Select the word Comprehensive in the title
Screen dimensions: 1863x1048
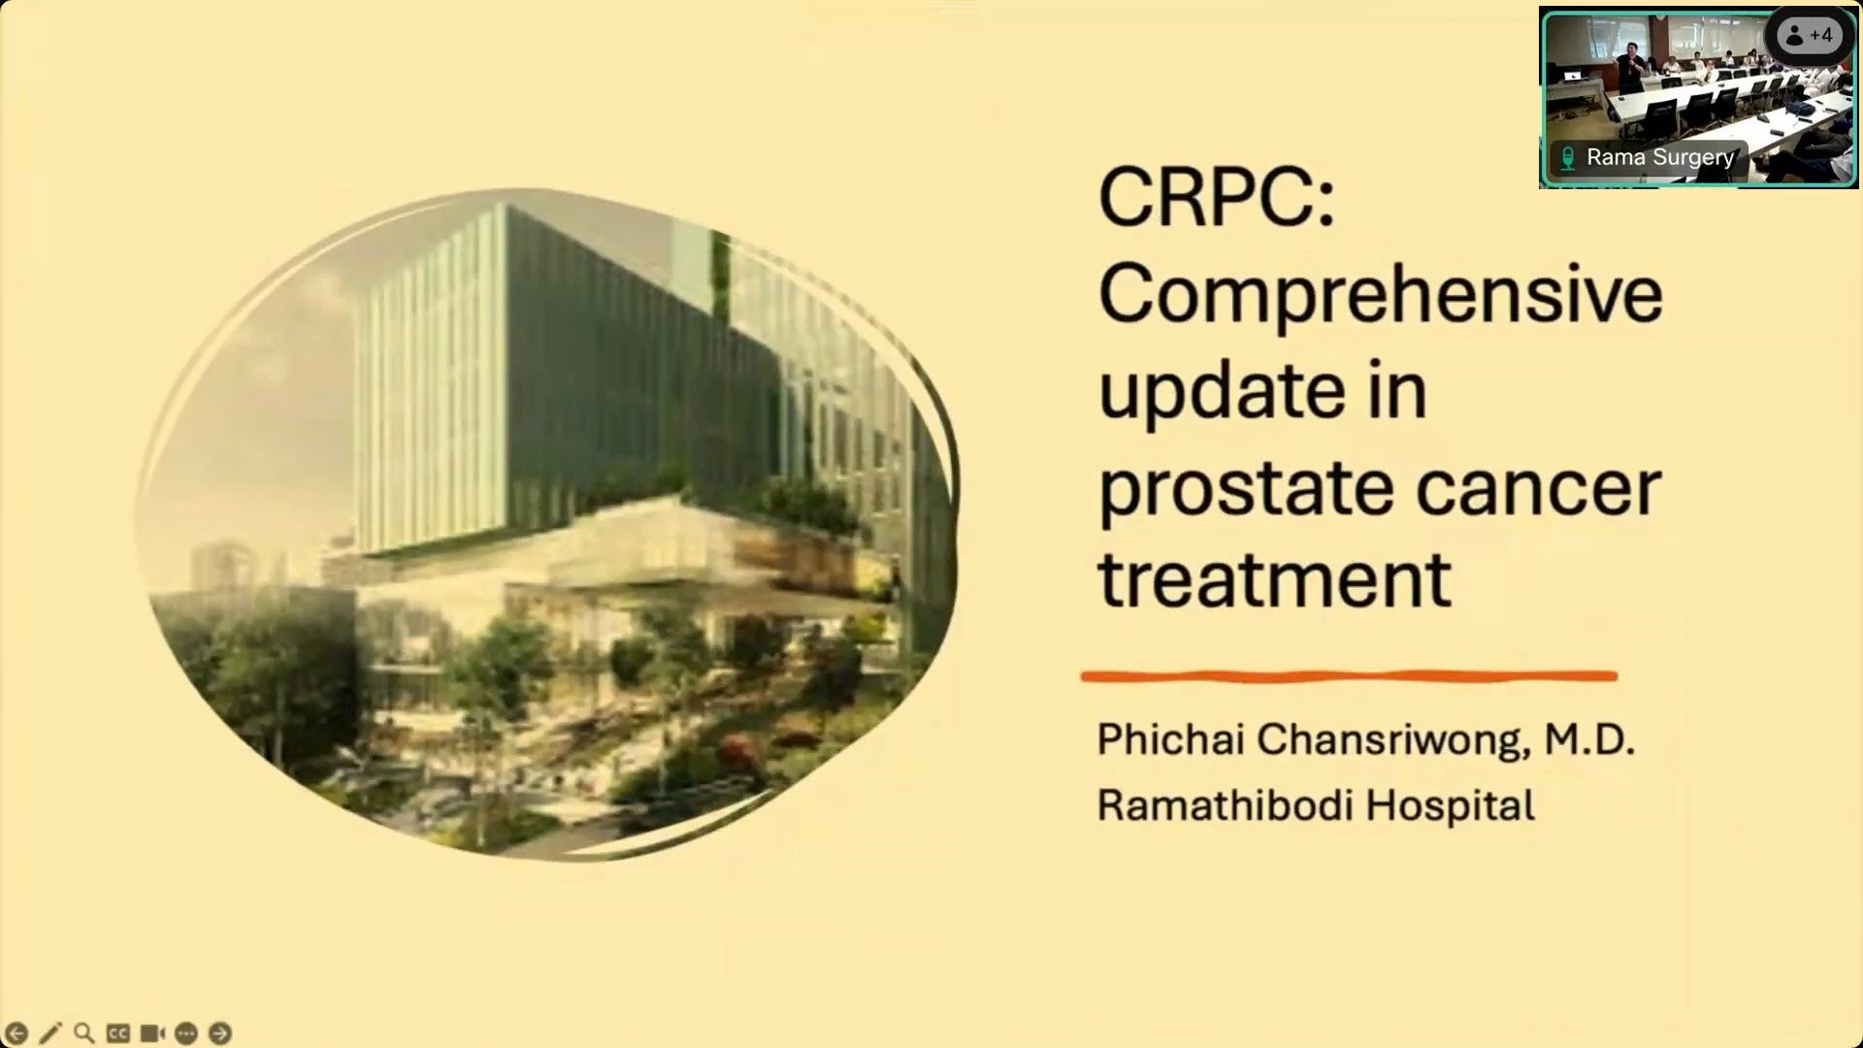click(x=1381, y=296)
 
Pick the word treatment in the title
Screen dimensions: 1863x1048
click(x=1274, y=579)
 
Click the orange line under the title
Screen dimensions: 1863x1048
click(x=1349, y=676)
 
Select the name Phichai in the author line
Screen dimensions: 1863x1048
click(x=1171, y=739)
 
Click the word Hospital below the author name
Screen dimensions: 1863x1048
click(x=1451, y=806)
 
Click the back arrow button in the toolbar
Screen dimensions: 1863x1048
click(x=16, y=1033)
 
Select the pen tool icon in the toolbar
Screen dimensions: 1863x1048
click(x=50, y=1033)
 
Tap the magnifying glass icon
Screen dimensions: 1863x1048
click(x=84, y=1033)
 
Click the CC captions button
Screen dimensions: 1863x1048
click(x=118, y=1033)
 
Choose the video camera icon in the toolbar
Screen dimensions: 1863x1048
click(x=152, y=1033)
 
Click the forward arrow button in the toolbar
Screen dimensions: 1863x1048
click(x=220, y=1033)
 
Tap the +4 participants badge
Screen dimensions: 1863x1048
click(x=1810, y=36)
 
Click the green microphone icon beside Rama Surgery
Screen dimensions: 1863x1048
click(x=1567, y=157)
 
